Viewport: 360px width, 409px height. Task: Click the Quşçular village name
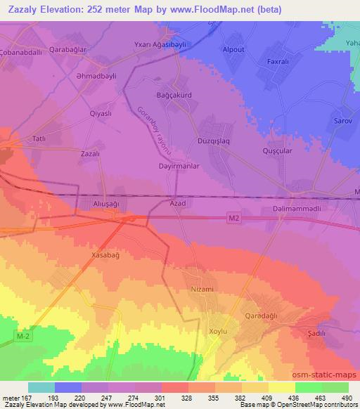(x=276, y=149)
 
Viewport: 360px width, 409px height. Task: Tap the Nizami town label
(x=202, y=289)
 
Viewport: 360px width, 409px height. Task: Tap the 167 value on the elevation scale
(x=28, y=397)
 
